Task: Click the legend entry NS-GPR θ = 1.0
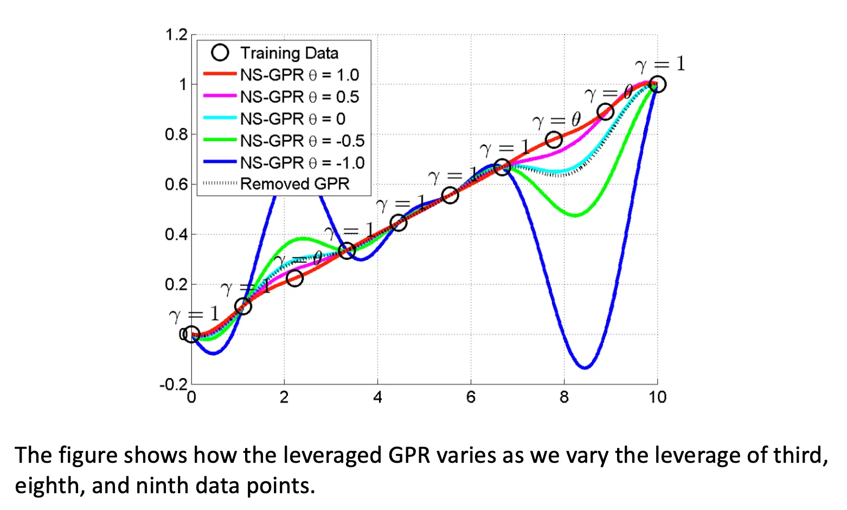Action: pos(299,75)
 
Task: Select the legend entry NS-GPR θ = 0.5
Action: pos(299,97)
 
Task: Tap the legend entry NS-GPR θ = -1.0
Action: pos(302,162)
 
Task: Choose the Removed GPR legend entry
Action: pos(294,184)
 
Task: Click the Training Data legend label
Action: pos(289,53)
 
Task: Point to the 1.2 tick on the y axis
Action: pos(176,35)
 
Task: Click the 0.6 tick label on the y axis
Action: pos(176,184)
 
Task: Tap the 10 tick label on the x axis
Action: pos(657,398)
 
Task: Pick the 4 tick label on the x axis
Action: pos(377,398)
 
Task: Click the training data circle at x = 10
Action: pos(657,85)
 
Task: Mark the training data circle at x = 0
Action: pos(191,334)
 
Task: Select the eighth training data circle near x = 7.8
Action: pos(554,140)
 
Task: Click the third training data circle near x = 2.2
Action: pos(294,278)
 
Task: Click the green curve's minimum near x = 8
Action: pos(575,215)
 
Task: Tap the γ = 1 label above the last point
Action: pos(660,65)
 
